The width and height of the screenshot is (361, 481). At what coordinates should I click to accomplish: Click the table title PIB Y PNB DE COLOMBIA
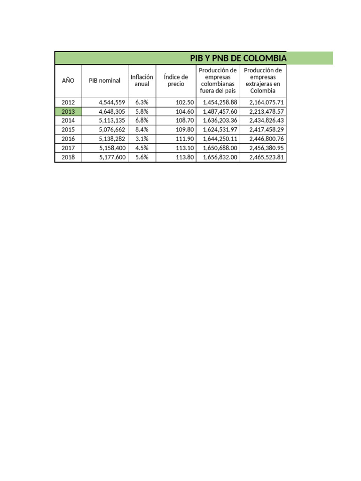[238, 58]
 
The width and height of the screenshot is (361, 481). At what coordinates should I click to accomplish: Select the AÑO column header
[68, 80]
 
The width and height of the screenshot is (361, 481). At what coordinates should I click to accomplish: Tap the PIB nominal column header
[104, 80]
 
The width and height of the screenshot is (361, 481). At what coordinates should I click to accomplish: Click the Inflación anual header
[141, 80]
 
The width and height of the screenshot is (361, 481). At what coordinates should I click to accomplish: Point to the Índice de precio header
[176, 80]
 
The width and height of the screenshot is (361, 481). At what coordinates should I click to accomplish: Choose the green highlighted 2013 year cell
[68, 112]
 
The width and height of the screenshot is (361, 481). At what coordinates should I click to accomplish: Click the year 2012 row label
[68, 102]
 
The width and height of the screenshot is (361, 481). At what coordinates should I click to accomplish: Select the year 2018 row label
[68, 157]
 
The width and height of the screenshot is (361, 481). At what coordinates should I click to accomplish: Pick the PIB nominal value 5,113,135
[112, 121]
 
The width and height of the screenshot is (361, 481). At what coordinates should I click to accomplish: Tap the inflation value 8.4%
[141, 130]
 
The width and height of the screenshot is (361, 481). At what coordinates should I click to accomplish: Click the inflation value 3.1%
[141, 139]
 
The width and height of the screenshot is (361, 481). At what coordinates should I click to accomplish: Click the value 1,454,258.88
[220, 102]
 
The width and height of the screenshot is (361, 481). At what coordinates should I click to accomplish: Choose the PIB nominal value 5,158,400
[112, 148]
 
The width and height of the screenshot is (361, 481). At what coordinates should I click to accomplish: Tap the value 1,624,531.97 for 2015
[220, 130]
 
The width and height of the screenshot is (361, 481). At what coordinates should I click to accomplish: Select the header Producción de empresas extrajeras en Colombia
[263, 80]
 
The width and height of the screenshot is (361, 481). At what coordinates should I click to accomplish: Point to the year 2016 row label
[68, 139]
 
